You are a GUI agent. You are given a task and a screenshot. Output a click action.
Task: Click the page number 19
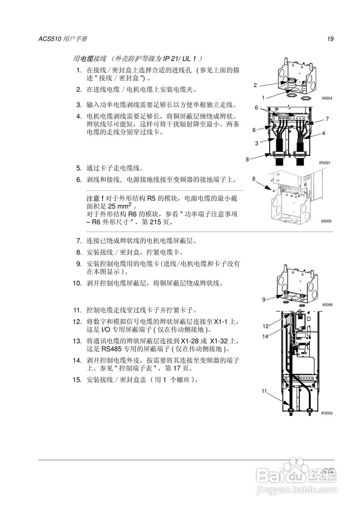tap(330, 39)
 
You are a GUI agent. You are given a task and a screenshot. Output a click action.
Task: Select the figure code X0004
tap(327, 98)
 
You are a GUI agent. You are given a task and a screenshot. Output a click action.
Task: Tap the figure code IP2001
tap(325, 163)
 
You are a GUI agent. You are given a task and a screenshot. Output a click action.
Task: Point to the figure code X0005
tap(327, 222)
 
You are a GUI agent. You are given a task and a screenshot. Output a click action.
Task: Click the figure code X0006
tap(327, 305)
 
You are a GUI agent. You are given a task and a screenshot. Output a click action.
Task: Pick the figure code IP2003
tap(327, 413)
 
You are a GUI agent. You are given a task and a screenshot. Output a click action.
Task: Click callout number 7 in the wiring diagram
tap(327, 119)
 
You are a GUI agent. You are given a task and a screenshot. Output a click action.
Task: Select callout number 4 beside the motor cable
tap(324, 133)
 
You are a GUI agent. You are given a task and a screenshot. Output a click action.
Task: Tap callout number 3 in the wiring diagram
tap(257, 143)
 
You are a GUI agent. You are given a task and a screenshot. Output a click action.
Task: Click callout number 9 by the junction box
tap(264, 300)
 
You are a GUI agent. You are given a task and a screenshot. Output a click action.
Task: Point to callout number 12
tap(265, 326)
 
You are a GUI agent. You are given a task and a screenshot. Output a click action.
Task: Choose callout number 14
tap(265, 336)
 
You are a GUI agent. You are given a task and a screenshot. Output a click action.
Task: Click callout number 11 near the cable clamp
tap(264, 391)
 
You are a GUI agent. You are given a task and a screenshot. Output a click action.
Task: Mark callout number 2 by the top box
tap(255, 85)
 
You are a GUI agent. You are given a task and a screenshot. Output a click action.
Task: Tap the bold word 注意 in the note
tap(93, 198)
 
